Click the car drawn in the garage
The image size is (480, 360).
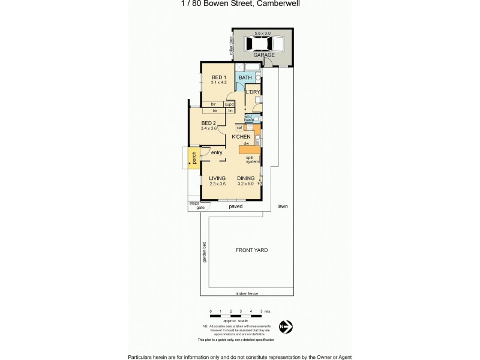coord(264,43)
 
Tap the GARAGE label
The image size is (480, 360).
coord(263,55)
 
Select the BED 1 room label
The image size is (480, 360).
coord(218,77)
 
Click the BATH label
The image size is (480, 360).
coord(245,78)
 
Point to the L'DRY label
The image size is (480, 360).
coord(253,92)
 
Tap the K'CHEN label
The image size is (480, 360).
coord(242,137)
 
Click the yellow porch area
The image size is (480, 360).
coord(194,157)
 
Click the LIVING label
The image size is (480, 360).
coord(217,178)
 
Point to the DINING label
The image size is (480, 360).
coord(245,178)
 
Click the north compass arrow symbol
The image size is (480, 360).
coord(287,327)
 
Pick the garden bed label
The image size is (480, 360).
coord(205,253)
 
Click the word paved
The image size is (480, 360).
coord(235,206)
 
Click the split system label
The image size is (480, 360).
coord(253,160)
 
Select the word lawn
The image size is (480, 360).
coord(283,206)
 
